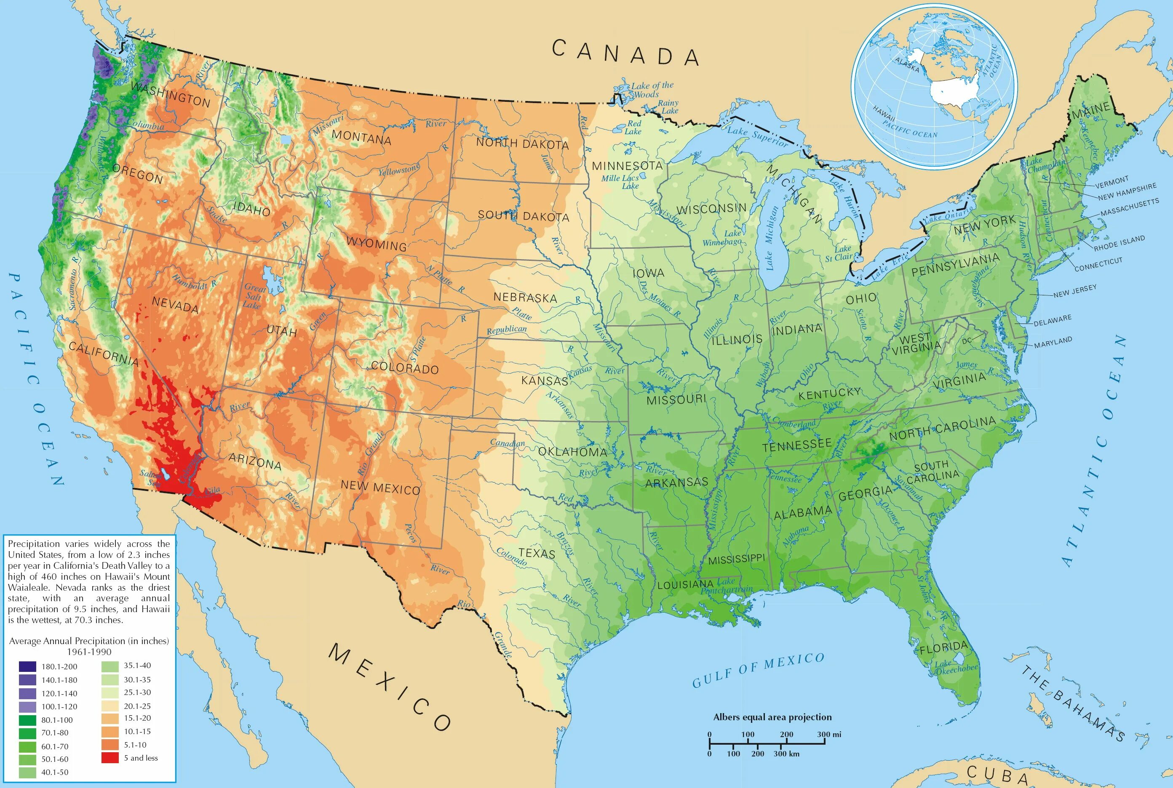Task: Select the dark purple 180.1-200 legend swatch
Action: click(x=28, y=666)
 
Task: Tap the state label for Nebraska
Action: click(x=525, y=297)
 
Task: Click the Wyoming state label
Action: click(x=376, y=244)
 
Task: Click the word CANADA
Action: click(x=626, y=52)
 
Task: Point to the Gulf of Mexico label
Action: click(x=758, y=670)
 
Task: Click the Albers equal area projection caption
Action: click(x=772, y=717)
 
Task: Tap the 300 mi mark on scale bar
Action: click(x=828, y=734)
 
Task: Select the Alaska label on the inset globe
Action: click(x=906, y=65)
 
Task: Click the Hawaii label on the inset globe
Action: click(x=884, y=114)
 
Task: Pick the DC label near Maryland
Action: click(x=967, y=340)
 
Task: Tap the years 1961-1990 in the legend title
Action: click(x=89, y=652)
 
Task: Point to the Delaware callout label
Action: click(x=1052, y=320)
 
